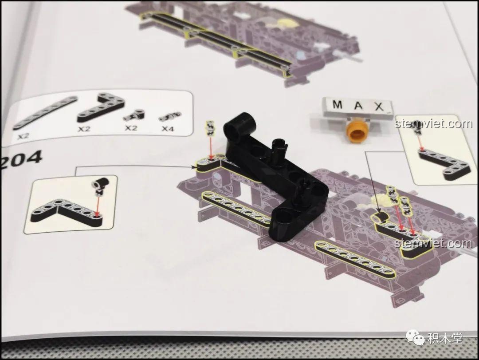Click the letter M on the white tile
tap(338, 105)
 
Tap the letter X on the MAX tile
tap(379, 107)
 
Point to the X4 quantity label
tap(167, 129)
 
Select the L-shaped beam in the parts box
tap(101, 109)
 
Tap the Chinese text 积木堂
tap(445, 338)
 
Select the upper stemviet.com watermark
tap(433, 124)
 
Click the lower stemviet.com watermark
tap(433, 243)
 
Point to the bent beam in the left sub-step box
tap(68, 212)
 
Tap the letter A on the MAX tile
tap(358, 106)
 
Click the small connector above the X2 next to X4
tap(134, 115)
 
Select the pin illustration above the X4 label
tap(169, 117)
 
